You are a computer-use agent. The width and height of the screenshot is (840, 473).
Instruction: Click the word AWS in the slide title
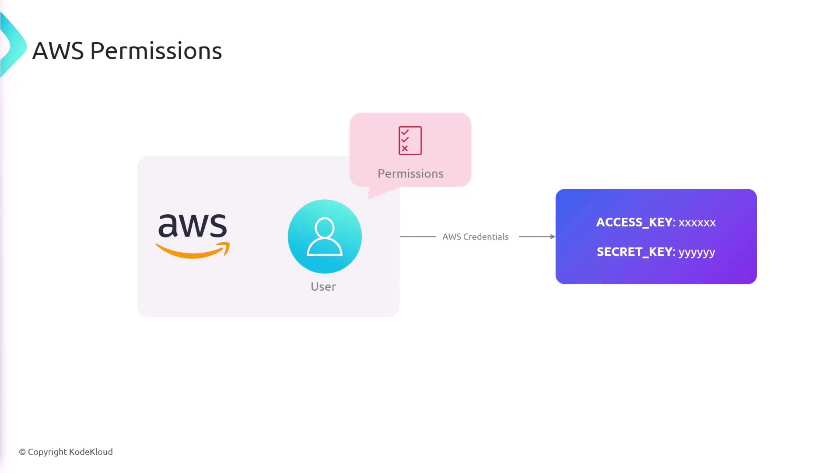pyautogui.click(x=58, y=51)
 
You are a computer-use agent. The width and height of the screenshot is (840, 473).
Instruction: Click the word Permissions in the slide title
pyautogui.click(x=156, y=51)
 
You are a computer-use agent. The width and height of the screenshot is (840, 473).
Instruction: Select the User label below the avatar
pyautogui.click(x=323, y=286)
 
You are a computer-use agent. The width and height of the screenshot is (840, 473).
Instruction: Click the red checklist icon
pyautogui.click(x=410, y=141)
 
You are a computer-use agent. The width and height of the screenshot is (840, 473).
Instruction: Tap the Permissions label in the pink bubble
pyautogui.click(x=410, y=173)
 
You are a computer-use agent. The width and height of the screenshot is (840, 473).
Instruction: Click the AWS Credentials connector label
pyautogui.click(x=475, y=236)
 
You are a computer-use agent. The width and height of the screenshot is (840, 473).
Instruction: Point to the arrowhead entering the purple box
pyautogui.click(x=553, y=236)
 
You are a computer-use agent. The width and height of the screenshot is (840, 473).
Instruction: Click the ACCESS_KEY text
pyautogui.click(x=634, y=222)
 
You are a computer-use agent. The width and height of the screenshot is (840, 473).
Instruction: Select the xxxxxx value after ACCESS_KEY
pyautogui.click(x=697, y=222)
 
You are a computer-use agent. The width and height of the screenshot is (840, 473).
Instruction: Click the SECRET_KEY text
pyautogui.click(x=634, y=252)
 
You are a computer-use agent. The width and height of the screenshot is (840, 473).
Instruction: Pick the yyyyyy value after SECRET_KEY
pyautogui.click(x=696, y=252)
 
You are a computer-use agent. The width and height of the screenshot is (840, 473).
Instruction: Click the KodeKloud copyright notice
pyautogui.click(x=66, y=452)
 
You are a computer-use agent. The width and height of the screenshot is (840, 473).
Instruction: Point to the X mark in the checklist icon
pyautogui.click(x=405, y=148)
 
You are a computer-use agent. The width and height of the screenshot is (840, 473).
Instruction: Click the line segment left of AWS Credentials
pyautogui.click(x=418, y=236)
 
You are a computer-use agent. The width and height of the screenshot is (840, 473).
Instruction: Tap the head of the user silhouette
pyautogui.click(x=325, y=228)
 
